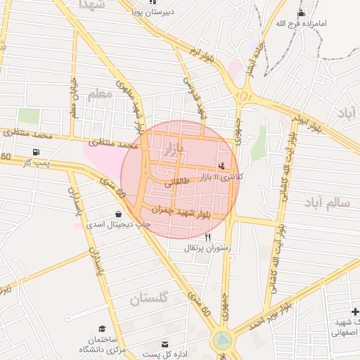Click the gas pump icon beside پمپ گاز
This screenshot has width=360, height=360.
(x=36, y=152)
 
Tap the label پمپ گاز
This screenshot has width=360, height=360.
(x=36, y=164)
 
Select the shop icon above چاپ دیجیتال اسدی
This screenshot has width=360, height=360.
(x=117, y=214)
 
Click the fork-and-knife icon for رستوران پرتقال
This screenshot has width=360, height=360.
(x=207, y=238)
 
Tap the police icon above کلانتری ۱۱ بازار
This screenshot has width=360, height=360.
(x=223, y=167)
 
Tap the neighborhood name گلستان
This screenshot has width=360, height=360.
(x=149, y=299)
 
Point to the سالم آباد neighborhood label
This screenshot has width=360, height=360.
(x=327, y=202)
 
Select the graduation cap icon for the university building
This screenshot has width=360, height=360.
(x=103, y=329)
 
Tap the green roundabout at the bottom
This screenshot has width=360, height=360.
(x=223, y=341)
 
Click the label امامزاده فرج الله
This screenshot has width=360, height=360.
(x=301, y=24)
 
